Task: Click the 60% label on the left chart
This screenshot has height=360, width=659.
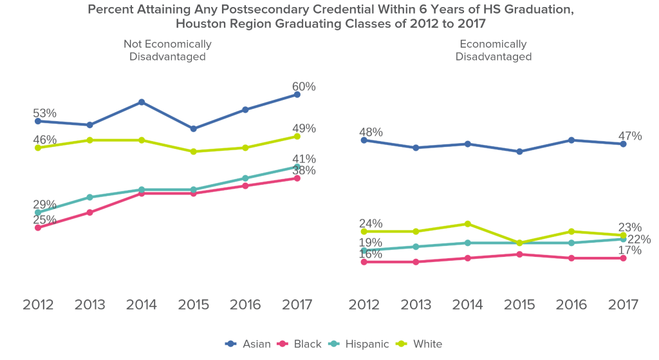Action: pos(304,87)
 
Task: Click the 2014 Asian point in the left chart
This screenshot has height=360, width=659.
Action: pos(142,102)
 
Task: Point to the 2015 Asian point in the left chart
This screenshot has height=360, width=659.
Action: pos(194,129)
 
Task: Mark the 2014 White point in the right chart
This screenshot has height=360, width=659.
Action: pos(468,224)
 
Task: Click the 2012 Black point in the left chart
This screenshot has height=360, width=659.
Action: pos(38,227)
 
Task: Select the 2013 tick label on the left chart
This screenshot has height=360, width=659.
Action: pos(89,305)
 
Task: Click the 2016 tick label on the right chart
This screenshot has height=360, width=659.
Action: pos(571,305)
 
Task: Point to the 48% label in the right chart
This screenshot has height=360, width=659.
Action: pos(371,133)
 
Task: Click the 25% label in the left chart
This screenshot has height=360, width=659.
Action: pos(45,220)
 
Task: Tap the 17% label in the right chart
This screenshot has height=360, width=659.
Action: pos(630,251)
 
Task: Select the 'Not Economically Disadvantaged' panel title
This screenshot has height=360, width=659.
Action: pos(167,50)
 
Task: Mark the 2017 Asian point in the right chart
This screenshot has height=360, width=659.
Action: pos(624,144)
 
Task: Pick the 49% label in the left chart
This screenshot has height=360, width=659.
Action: pos(304,129)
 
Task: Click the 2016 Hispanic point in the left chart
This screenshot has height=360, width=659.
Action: pos(245,178)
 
